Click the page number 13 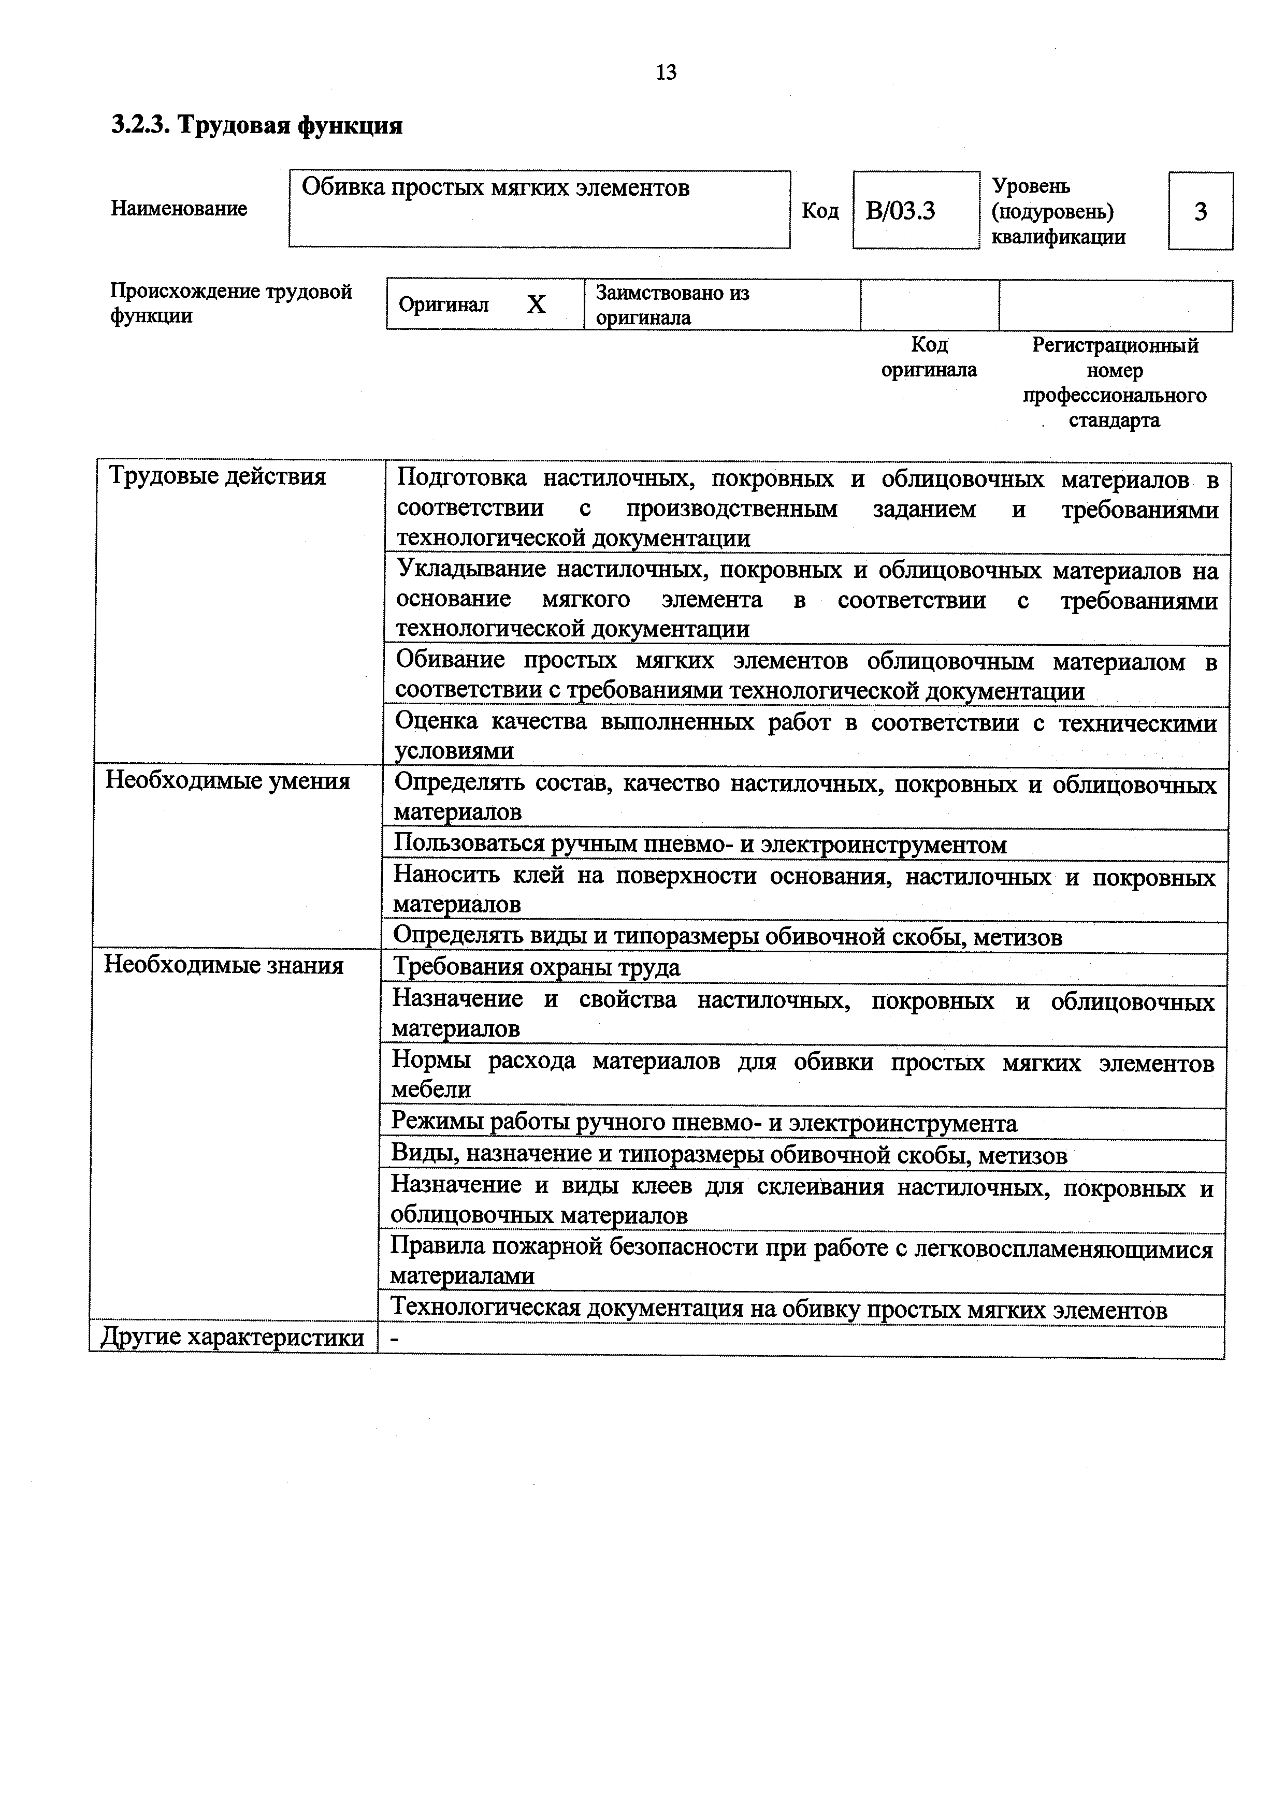pos(666,73)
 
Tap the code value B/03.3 pos(901,211)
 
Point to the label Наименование pos(179,209)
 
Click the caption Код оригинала pos(929,357)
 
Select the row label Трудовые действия pos(218,477)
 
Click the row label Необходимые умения pos(228,781)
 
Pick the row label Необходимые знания pos(224,966)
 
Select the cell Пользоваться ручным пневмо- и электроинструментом pos(700,845)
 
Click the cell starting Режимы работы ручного pos(704,1123)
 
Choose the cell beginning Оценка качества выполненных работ pos(805,736)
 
